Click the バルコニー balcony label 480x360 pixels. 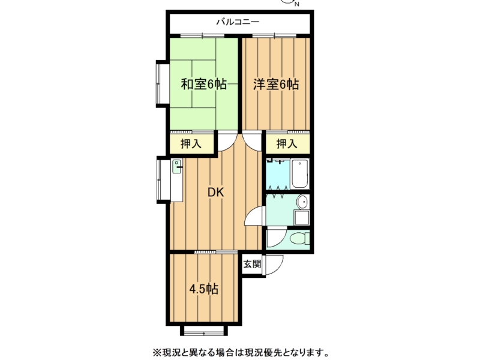click(x=238, y=22)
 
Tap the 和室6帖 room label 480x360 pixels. click(x=204, y=84)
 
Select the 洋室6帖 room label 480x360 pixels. click(x=276, y=84)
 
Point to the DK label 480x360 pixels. click(x=216, y=192)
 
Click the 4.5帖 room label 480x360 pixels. click(x=203, y=289)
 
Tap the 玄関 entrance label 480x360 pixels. click(x=252, y=263)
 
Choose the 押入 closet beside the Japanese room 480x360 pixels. click(x=191, y=143)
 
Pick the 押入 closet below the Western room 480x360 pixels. click(x=287, y=143)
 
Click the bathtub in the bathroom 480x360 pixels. click(x=299, y=174)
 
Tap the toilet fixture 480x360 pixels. click(x=299, y=238)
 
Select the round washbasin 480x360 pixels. click(x=302, y=202)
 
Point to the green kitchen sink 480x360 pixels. click(x=176, y=167)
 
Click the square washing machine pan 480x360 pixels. click(x=302, y=217)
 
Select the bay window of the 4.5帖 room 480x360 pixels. click(x=204, y=330)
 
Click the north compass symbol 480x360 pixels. click(x=289, y=2)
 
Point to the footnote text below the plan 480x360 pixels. click(x=241, y=352)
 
